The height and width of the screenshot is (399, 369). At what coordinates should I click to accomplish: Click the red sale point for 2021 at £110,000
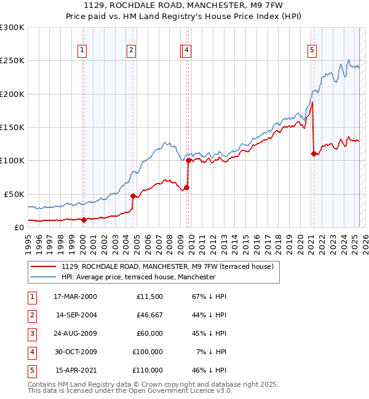point(314,153)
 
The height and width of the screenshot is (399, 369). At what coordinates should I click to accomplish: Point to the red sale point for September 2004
point(133,196)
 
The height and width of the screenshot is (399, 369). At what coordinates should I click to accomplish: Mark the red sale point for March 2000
point(84,219)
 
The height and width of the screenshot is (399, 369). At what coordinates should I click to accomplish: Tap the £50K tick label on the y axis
point(14,194)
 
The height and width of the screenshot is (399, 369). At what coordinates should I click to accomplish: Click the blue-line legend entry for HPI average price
point(138,277)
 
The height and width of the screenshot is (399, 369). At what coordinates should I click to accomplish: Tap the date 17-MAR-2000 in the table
point(75,296)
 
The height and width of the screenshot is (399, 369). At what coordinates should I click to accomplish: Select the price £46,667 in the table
point(149,315)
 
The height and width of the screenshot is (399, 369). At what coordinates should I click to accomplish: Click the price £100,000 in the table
point(148,352)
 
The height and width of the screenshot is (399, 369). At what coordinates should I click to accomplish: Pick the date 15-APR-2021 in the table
point(76,370)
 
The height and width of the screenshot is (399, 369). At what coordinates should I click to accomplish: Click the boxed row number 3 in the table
point(31,333)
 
